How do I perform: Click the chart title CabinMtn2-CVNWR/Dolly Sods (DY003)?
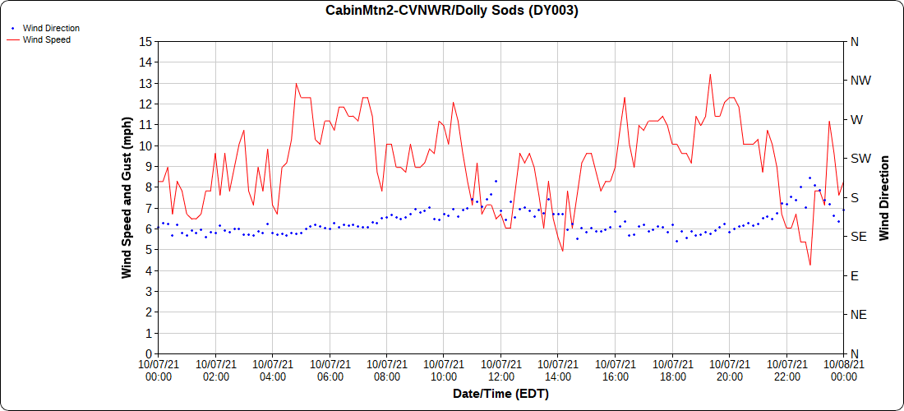click(x=452, y=11)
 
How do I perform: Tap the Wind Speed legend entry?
click(x=46, y=39)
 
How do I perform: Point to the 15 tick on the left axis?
click(x=145, y=41)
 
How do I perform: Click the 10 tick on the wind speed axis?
click(x=145, y=145)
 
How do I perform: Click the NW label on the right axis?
click(x=860, y=81)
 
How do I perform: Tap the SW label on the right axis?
click(x=860, y=159)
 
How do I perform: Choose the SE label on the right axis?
click(x=858, y=237)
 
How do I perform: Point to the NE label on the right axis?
click(x=858, y=315)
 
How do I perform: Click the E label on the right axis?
click(x=855, y=275)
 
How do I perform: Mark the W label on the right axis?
click(x=856, y=119)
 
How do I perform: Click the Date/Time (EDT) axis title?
click(x=500, y=394)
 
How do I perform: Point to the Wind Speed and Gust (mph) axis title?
click(x=127, y=197)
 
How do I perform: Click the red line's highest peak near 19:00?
click(x=710, y=74)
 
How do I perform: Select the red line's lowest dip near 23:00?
click(x=810, y=265)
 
